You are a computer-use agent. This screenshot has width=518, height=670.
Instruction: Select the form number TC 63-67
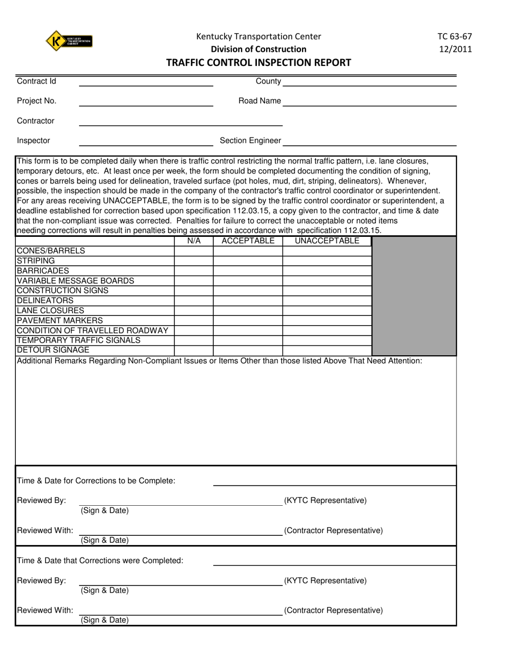point(454,37)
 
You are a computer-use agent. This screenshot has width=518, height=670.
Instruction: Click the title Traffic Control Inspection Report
point(258,62)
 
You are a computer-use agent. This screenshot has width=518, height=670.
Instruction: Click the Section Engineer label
point(250,141)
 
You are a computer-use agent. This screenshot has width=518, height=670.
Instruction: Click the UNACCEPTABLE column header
point(327,241)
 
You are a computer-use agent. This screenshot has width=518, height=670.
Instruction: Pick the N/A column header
point(194,241)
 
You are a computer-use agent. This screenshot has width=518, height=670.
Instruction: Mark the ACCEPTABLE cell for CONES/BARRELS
point(248,251)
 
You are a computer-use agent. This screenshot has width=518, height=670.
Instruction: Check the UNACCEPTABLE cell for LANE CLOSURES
point(327,311)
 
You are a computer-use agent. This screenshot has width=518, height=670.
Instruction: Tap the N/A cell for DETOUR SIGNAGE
point(194,350)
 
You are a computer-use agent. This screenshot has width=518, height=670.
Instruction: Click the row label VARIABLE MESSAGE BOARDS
point(75,281)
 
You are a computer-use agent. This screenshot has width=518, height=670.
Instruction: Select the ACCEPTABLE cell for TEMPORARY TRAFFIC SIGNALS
point(248,340)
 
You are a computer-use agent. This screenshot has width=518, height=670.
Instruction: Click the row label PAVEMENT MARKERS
point(59,321)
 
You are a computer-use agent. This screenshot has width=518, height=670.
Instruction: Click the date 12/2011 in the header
point(454,49)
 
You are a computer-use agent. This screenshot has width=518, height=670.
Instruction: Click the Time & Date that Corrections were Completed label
point(100,561)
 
